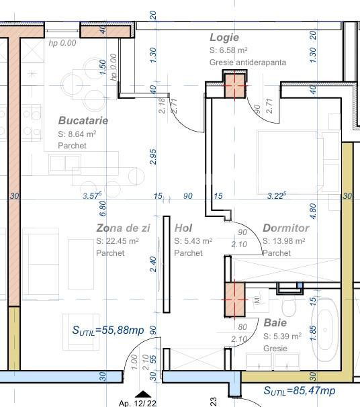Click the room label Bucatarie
tap(83, 121)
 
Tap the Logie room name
tap(224, 38)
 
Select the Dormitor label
tap(285, 228)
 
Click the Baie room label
tap(275, 323)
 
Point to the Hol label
tap(183, 228)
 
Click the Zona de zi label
tap(123, 228)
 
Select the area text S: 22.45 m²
tap(118, 241)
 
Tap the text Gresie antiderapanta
tap(248, 62)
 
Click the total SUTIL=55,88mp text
tap(108, 330)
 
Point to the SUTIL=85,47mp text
tap(299, 391)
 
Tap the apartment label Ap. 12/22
tap(137, 403)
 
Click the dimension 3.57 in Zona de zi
tap(91, 196)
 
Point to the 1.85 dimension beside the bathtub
tap(312, 334)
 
